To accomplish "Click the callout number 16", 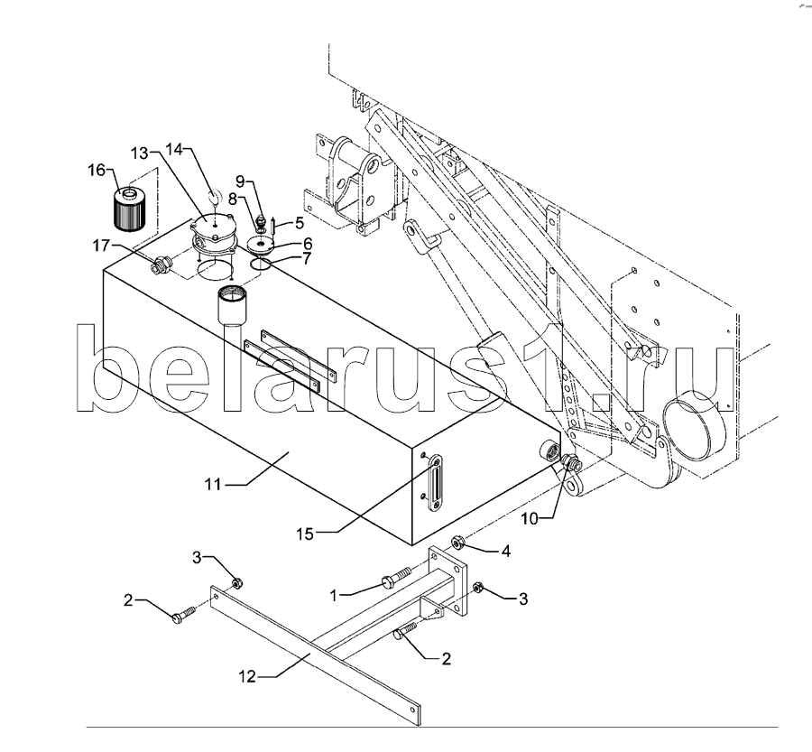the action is point(97,170).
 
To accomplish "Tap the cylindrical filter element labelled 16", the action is point(127,209).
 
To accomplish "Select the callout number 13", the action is point(139,153).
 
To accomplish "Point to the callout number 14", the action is point(174,149).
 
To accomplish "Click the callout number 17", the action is point(101,245).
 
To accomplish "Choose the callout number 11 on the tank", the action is point(212,485).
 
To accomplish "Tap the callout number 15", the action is point(306,534).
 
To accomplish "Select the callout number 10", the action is point(530,518).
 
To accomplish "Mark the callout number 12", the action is point(247,677).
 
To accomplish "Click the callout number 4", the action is point(505,552).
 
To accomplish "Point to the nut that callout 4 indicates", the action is point(457,543).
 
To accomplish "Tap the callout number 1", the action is point(334,596).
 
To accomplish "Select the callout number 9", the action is point(240,181).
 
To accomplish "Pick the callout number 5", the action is point(300,223).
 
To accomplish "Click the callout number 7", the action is point(307,258).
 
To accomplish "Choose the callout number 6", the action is point(307,243).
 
